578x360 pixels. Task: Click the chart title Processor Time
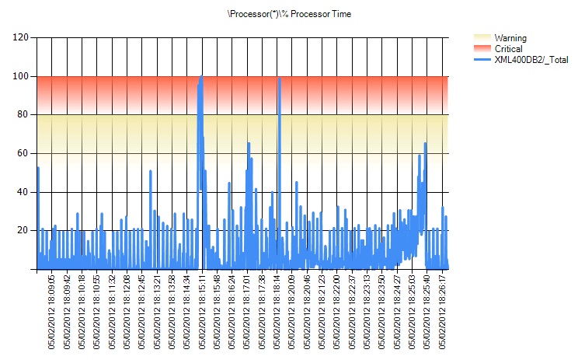(288, 14)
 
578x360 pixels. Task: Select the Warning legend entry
(510, 37)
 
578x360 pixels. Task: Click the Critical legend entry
(509, 48)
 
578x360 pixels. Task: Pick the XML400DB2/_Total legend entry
(531, 59)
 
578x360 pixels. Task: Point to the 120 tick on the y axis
(21, 37)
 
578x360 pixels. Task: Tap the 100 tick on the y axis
(21, 76)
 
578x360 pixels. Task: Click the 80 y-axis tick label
(23, 115)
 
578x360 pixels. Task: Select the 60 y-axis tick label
(23, 153)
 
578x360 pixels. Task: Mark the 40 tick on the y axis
(23, 192)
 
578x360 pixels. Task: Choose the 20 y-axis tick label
(23, 230)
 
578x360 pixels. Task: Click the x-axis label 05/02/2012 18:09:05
(52, 311)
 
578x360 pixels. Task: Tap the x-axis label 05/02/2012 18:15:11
(202, 311)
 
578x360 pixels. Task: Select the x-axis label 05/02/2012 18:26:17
(443, 311)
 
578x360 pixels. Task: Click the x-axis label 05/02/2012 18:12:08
(127, 311)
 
